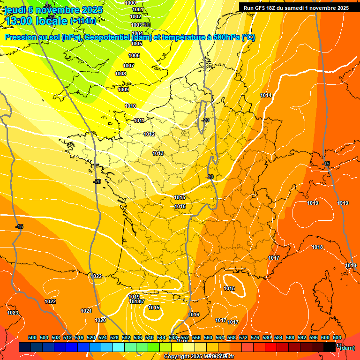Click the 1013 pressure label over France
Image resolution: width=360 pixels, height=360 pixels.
point(158,153)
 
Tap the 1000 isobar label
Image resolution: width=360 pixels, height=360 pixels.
point(131,3)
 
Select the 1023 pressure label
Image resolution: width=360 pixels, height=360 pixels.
point(13,313)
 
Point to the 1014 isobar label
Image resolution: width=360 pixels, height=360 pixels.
point(266,95)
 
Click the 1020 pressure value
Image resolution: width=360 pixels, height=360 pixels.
point(100,320)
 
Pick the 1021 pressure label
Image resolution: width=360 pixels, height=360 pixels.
point(86,311)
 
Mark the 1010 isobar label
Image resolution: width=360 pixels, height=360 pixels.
point(130,106)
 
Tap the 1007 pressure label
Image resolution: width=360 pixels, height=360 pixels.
point(128,66)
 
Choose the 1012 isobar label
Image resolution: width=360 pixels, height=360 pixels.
point(149,135)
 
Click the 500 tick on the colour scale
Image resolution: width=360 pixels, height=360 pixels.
point(32,337)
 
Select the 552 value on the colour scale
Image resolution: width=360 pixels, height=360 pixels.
point(185,337)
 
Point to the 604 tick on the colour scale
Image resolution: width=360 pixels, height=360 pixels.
point(337,337)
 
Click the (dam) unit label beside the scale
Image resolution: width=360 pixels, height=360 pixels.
point(347,348)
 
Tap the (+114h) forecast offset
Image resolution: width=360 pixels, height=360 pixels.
point(83,21)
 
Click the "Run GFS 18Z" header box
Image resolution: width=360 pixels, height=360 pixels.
point(296,7)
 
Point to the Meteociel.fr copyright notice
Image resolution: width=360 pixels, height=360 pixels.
point(199,357)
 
